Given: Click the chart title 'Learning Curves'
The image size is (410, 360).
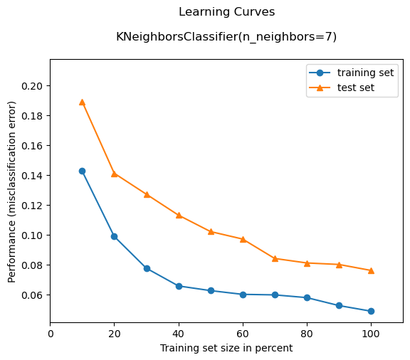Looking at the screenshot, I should [226, 12].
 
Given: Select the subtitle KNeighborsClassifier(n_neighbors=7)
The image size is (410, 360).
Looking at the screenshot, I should [226, 36].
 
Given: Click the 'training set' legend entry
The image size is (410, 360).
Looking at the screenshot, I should [365, 73].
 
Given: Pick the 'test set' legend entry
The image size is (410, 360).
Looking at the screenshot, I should [355, 88].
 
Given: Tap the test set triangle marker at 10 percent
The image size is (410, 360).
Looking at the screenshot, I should [82, 102].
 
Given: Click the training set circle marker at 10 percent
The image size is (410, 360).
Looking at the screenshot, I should [82, 171].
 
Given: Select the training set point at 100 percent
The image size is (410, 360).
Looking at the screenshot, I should [371, 311].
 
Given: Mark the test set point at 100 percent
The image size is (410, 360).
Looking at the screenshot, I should [371, 270].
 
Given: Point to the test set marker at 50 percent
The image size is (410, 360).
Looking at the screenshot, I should [211, 231].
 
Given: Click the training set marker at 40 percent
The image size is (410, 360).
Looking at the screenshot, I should [179, 286].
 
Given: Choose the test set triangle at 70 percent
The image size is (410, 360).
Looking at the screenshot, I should [275, 258].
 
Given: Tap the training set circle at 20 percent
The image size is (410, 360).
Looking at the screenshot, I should [114, 236].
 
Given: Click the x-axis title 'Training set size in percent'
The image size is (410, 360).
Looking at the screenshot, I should [226, 348].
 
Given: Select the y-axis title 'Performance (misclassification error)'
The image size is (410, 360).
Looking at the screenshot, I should [12, 191].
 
